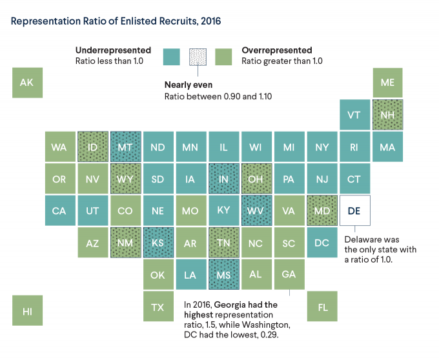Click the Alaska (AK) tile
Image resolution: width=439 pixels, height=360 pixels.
27,83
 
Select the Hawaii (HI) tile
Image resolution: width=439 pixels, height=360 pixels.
27,311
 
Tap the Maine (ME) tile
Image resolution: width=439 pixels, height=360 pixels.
388,83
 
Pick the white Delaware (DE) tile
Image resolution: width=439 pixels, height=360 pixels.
354,211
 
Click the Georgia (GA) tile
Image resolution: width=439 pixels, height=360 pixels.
289,274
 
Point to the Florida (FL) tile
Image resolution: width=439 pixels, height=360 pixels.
322,306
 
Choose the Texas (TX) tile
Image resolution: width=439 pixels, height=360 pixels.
158,306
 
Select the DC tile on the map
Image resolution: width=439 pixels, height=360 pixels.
322,243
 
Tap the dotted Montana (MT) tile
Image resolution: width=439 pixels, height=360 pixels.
125,147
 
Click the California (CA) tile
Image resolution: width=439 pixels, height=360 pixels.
59,211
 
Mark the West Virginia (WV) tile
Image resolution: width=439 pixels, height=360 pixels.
256,211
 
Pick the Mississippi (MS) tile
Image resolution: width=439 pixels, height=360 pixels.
223,275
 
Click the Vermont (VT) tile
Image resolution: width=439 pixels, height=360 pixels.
354,115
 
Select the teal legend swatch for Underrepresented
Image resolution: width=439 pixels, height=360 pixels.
172,57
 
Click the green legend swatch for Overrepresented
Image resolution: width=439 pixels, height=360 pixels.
223,57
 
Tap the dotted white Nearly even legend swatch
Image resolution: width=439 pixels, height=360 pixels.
198,57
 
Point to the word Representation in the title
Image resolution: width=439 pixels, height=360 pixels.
44,21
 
